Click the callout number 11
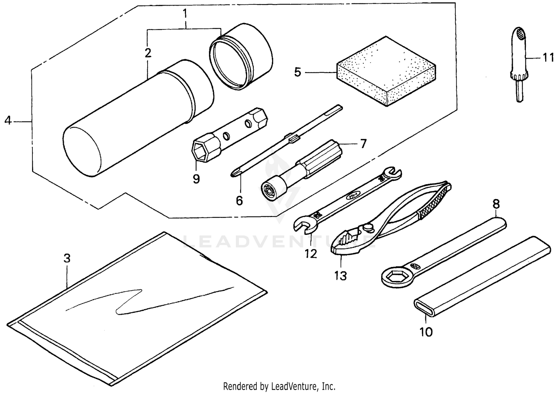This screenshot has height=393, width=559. point(548,58)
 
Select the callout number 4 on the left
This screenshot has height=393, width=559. point(8,121)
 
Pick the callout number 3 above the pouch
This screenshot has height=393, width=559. point(67,258)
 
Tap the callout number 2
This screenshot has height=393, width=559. point(148,53)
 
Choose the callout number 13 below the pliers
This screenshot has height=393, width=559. point(340,276)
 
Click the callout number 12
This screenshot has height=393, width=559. point(310,254)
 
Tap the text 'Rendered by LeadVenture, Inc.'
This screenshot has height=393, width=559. point(279,386)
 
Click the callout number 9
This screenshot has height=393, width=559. point(196,179)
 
